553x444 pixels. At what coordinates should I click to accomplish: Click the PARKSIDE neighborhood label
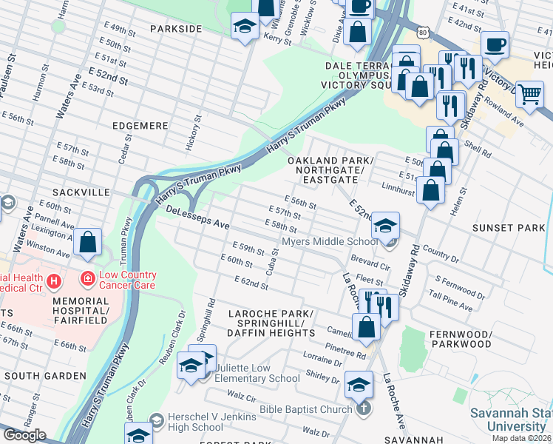176,28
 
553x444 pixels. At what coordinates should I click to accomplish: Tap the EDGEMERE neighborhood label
140,126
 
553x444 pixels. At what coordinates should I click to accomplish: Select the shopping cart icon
529,94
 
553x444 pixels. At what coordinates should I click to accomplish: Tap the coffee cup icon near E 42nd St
495,44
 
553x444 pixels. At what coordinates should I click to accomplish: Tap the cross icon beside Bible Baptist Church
362,409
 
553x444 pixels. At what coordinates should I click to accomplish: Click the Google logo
24,434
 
